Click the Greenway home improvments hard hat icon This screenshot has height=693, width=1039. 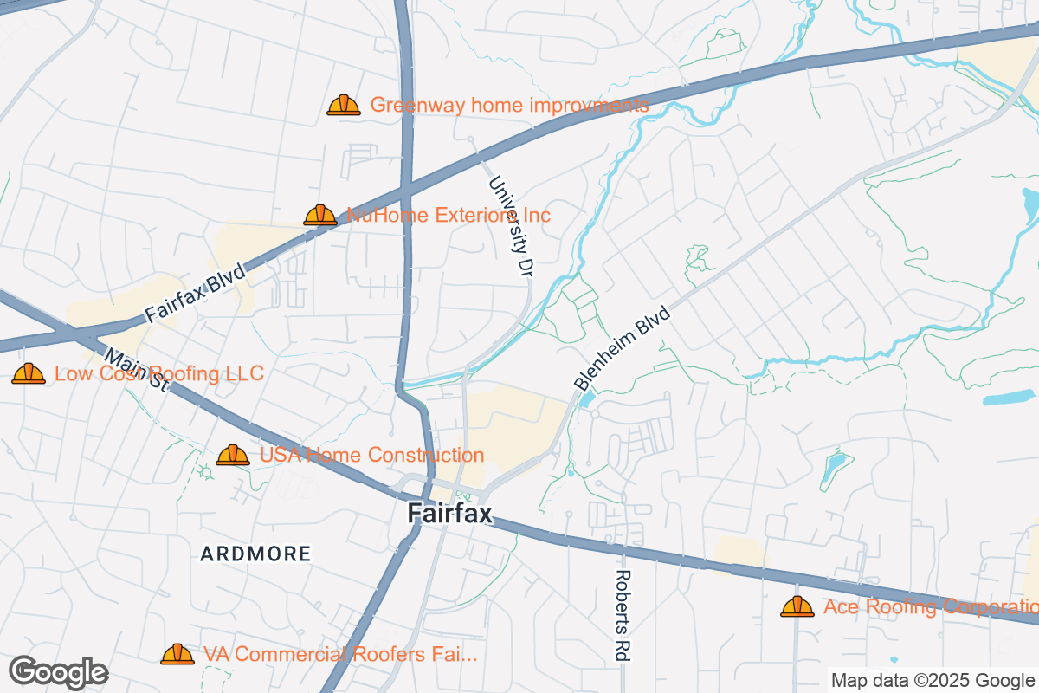pyautogui.click(x=344, y=106)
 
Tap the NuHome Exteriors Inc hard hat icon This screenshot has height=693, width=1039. pyautogui.click(x=320, y=215)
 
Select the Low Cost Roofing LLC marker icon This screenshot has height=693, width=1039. pyautogui.click(x=29, y=373)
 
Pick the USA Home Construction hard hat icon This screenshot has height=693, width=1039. pyautogui.click(x=233, y=455)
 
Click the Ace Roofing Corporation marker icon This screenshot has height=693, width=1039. pyautogui.click(x=797, y=606)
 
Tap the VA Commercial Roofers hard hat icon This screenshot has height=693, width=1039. pyautogui.click(x=177, y=654)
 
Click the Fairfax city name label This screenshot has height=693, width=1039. pyautogui.click(x=449, y=514)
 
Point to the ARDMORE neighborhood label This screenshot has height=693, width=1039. pyautogui.click(x=255, y=554)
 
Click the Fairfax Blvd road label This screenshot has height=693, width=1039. pyautogui.click(x=195, y=295)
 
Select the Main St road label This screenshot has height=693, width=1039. pyautogui.click(x=136, y=370)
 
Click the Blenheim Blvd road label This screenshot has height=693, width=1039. pyautogui.click(x=623, y=347)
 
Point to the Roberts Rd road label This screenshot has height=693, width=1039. pyautogui.click(x=623, y=615)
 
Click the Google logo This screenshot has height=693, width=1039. pyautogui.click(x=59, y=672)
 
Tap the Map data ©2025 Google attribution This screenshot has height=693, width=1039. pyautogui.click(x=933, y=680)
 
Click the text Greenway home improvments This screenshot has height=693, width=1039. pyautogui.click(x=509, y=106)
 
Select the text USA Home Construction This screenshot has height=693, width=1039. pyautogui.click(x=372, y=455)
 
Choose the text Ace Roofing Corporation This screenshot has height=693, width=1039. pyautogui.click(x=930, y=606)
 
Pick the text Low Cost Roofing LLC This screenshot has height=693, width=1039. pyautogui.click(x=158, y=373)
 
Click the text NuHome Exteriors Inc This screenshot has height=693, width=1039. pyautogui.click(x=449, y=215)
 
